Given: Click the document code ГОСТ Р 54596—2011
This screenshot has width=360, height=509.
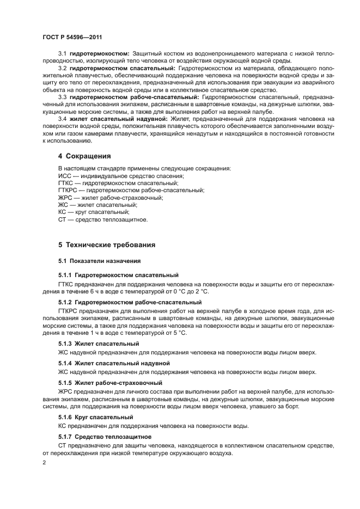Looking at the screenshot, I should point(72,36).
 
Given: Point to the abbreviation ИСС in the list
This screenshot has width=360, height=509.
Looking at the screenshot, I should point(65,176).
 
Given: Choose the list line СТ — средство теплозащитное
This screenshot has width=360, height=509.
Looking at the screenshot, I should point(102,219).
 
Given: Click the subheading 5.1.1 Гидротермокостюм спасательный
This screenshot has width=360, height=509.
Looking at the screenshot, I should point(118,275).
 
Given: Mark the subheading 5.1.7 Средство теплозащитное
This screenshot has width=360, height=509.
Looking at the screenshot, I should point(105,437).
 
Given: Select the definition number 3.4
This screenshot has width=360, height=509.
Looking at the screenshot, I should point(62,118).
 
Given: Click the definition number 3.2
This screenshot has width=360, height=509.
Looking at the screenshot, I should point(62,68).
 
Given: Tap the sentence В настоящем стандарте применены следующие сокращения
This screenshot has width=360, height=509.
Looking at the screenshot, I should point(144,168).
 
